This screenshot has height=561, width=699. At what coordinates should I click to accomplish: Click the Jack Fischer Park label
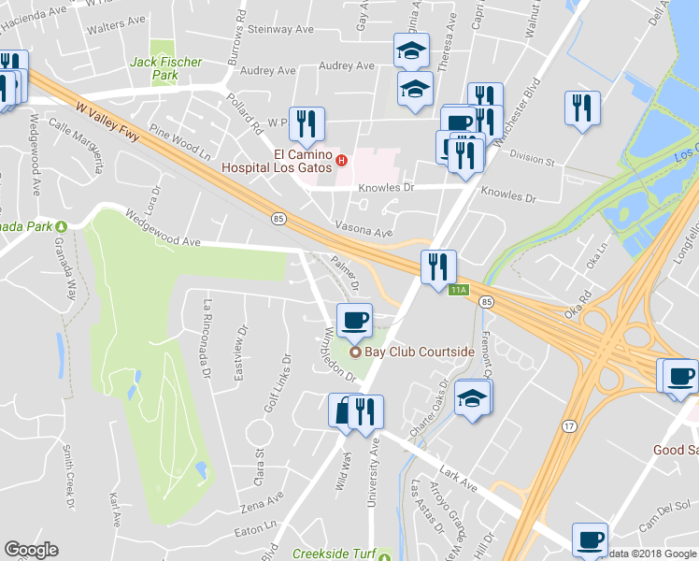pos(165,68)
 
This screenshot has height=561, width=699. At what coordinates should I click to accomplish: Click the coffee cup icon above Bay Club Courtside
pos(354,321)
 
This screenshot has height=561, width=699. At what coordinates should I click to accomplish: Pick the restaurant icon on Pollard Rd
pos(306,123)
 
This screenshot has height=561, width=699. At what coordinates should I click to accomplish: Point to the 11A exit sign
pos(458,290)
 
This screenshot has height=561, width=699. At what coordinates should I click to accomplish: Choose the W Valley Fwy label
pos(108,122)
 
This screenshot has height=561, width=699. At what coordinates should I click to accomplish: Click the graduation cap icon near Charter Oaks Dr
pos(473,400)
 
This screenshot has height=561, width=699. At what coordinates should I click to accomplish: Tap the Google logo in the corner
pos(31,550)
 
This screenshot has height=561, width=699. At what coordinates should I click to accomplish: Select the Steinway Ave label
pos(280,29)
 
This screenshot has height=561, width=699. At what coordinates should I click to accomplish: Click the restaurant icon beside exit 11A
pos(437,267)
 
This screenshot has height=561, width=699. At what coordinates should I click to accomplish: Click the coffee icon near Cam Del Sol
pos(591,540)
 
